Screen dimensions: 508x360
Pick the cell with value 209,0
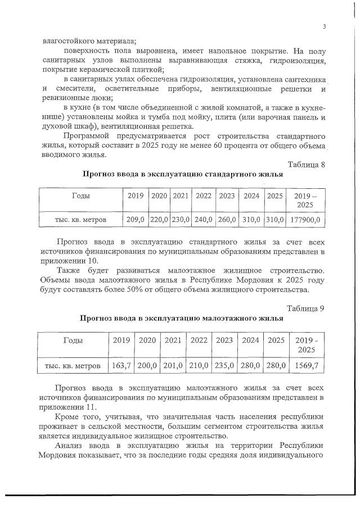point(136,220)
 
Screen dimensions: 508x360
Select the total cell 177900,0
point(305,220)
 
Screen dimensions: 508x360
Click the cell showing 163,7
point(121,366)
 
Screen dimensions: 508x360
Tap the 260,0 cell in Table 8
point(227,220)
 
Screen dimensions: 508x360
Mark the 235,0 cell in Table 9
point(224,366)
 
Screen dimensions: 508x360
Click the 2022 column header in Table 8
point(204,196)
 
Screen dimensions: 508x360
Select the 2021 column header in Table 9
point(173,340)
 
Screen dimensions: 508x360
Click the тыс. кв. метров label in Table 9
point(73,366)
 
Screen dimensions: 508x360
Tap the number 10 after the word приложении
point(92,261)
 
